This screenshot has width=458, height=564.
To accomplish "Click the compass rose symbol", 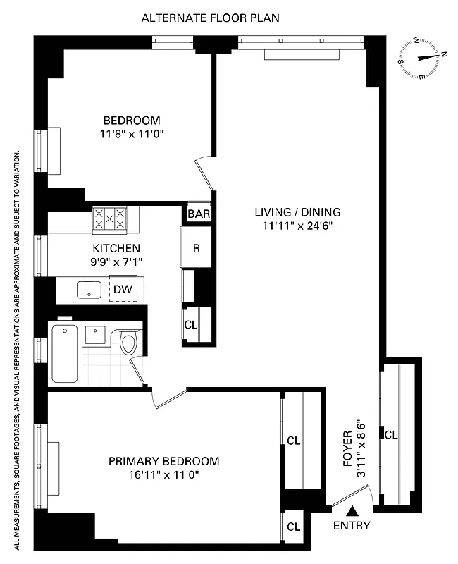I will [x=422, y=59].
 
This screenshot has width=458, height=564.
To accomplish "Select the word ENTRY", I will [x=351, y=526].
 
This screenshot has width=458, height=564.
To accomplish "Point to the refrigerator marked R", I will [x=197, y=247].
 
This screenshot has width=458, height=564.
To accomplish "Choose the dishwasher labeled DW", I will [x=123, y=289].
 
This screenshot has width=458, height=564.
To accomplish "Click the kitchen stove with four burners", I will [x=110, y=219].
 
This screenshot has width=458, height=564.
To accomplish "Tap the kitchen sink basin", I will [x=89, y=288].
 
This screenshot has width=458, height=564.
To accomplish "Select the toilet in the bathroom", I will [x=128, y=343].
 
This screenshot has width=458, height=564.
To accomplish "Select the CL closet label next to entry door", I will [x=294, y=526].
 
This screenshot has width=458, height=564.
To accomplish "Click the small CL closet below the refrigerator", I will [x=191, y=325].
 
